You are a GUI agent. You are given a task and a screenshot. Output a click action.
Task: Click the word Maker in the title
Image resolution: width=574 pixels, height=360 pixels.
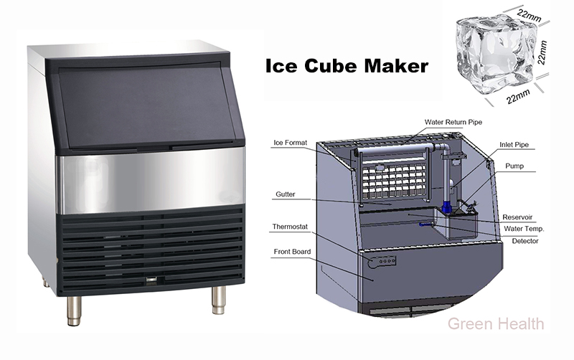pyautogui.click(x=396, y=66)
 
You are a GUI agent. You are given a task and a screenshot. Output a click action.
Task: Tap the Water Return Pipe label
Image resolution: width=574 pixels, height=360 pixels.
pyautogui.click(x=453, y=122)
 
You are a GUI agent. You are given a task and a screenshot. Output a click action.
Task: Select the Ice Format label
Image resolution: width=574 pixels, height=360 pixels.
pyautogui.click(x=291, y=143)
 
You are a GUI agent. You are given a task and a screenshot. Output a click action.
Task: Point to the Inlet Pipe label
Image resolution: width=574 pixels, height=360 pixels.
pyautogui.click(x=514, y=145)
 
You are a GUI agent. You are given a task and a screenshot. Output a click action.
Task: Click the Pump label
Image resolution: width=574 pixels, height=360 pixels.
pyautogui.click(x=514, y=166)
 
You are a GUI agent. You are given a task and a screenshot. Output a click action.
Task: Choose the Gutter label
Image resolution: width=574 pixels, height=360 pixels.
pyautogui.click(x=285, y=194)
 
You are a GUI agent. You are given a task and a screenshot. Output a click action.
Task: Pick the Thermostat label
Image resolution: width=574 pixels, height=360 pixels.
pyautogui.click(x=290, y=227)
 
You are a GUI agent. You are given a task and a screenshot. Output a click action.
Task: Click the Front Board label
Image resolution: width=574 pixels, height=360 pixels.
pyautogui.click(x=292, y=252)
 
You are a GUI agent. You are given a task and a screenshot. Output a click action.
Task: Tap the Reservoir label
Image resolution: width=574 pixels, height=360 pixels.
pyautogui.click(x=517, y=217)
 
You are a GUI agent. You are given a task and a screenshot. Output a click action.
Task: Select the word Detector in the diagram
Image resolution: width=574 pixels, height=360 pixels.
pyautogui.click(x=525, y=241)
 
